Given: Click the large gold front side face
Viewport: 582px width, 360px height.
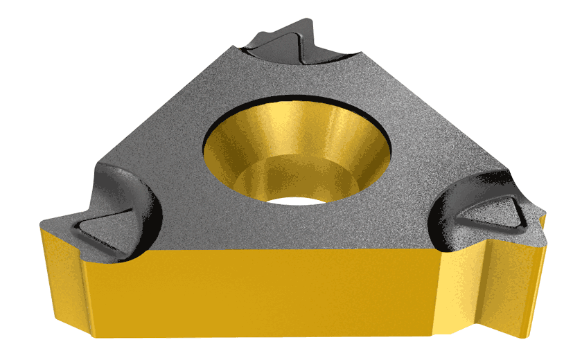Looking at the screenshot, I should (x=277, y=291).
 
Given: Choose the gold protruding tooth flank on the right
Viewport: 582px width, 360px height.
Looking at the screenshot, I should (x=516, y=277).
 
